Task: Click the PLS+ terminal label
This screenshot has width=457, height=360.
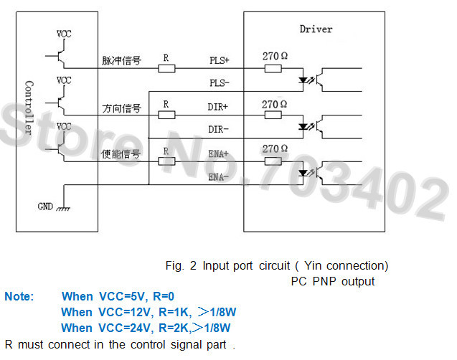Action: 220,60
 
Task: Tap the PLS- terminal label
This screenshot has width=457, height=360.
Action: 220,83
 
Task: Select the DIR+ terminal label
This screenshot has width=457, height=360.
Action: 217,107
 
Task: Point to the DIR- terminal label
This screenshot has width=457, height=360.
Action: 218,129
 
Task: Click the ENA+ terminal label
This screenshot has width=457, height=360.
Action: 218,153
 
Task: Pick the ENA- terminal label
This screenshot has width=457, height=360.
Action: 218,177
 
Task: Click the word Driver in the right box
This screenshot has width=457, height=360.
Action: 316,29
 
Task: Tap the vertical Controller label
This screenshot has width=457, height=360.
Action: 29,108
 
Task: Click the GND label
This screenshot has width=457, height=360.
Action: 45,207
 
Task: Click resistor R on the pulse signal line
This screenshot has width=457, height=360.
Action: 166,69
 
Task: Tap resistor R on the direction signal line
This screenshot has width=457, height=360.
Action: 166,115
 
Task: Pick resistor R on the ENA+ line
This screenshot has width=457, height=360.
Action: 166,161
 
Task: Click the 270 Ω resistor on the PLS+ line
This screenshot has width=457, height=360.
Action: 273,69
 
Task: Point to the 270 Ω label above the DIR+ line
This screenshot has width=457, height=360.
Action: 274,104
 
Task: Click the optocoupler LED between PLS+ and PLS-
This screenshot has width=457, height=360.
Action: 303,80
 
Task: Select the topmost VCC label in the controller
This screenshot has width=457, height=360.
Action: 64,34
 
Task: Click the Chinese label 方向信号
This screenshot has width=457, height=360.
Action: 121,108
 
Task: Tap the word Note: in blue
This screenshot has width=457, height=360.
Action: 19,296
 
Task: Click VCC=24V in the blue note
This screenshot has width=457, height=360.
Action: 126,328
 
